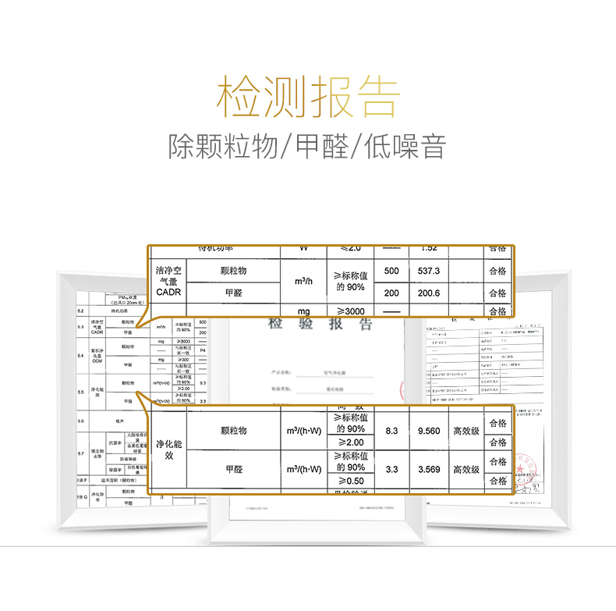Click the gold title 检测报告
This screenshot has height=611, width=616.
307,97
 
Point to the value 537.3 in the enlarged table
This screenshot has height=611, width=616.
429,271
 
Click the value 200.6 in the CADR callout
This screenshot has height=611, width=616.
429,293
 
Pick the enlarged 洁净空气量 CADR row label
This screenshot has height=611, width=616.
168,281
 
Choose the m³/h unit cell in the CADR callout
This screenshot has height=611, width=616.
304,282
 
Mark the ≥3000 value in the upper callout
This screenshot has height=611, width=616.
350,311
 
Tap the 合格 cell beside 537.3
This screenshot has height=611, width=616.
497,271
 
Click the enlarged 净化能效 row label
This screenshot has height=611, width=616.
169,449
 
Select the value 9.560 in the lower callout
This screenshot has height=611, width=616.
429,431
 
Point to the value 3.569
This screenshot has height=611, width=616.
429,469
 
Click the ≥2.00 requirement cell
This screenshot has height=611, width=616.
350,442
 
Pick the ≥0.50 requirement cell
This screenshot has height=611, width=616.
350,480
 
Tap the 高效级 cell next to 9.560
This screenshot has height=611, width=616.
466,431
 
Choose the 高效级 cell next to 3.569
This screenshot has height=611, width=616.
466,469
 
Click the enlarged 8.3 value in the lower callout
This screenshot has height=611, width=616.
391,431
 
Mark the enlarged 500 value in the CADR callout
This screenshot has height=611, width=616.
391,271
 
